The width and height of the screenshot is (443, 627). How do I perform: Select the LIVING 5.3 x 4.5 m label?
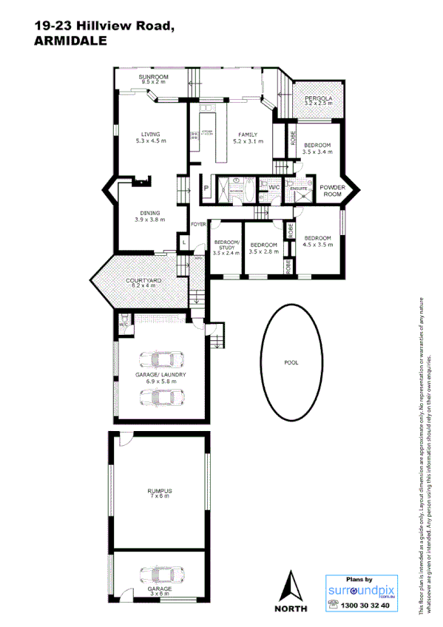(x=150, y=137)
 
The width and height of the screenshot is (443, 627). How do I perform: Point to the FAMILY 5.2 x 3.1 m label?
(x=247, y=137)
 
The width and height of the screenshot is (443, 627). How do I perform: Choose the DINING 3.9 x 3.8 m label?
(x=150, y=217)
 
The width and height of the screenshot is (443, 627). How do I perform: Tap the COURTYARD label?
(x=143, y=283)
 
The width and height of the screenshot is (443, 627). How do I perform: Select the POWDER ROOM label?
(x=333, y=191)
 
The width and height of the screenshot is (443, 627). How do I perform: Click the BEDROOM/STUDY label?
(x=226, y=248)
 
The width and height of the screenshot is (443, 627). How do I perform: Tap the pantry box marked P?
(x=206, y=189)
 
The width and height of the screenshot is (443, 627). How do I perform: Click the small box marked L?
(x=183, y=242)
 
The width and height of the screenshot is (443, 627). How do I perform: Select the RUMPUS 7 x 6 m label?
(x=159, y=494)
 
